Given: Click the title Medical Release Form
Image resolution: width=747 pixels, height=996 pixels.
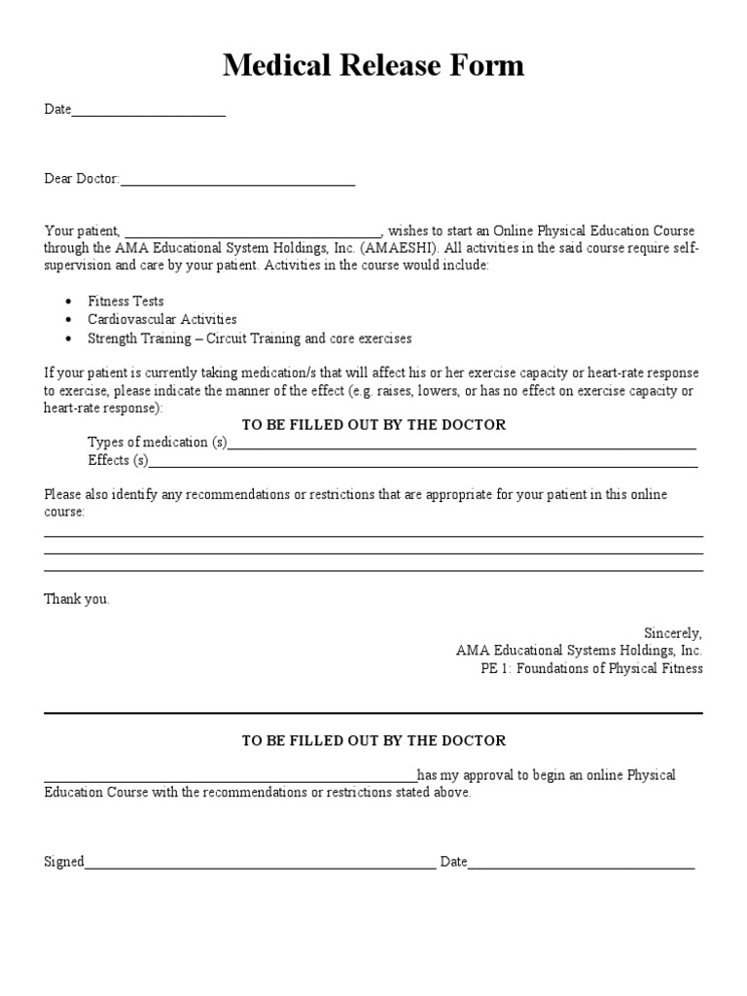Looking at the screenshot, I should click(x=373, y=65).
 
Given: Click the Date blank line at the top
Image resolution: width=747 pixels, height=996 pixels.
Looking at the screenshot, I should click(x=148, y=114).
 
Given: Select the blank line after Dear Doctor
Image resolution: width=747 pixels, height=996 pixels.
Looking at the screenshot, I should click(x=237, y=182).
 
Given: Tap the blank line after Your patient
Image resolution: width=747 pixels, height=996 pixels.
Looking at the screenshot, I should click(x=252, y=234).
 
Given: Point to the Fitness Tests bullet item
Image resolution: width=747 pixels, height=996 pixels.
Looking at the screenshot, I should click(x=125, y=302).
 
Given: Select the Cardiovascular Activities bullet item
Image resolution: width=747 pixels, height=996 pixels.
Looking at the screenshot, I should click(x=161, y=320).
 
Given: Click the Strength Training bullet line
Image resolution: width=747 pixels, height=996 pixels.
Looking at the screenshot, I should click(x=249, y=338).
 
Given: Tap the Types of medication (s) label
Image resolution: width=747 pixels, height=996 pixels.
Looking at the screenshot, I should click(x=157, y=443).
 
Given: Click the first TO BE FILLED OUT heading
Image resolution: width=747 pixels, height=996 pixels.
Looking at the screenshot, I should click(x=373, y=425).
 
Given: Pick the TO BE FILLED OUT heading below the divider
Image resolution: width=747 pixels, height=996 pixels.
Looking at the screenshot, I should click(x=373, y=741).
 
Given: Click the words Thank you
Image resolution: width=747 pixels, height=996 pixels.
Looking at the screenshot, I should click(x=77, y=599).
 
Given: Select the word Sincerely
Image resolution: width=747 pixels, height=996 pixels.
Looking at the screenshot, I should click(x=672, y=632).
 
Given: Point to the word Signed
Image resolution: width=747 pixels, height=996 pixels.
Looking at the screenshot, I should click(x=64, y=862).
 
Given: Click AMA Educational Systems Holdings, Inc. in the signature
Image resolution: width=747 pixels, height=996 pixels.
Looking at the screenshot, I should click(x=579, y=651).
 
